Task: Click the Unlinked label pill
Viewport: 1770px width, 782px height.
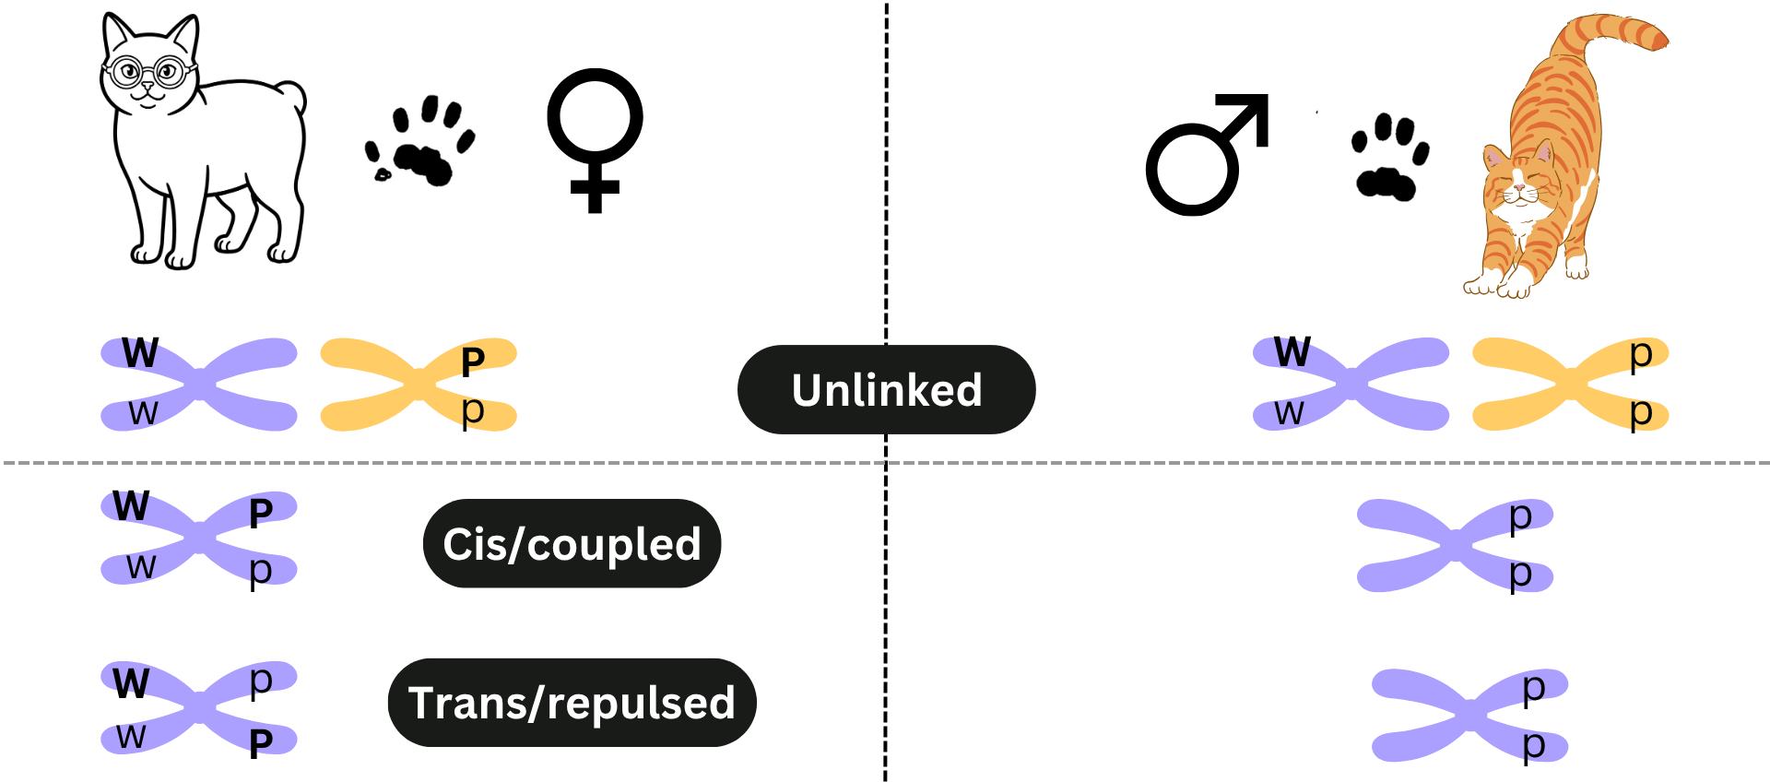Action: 886,389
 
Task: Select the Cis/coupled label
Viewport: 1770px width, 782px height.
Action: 572,543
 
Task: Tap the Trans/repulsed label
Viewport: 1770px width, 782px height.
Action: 572,703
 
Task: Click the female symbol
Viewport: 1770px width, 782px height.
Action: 595,140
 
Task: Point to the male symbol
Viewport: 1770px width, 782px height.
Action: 1208,155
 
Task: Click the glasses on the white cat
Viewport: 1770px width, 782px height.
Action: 149,71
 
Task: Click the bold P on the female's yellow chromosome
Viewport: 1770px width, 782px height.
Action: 473,362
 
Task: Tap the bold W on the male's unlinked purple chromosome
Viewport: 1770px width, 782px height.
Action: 1292,351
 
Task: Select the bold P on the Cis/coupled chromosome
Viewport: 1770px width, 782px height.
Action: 261,513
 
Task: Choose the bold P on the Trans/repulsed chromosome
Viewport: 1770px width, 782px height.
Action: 261,742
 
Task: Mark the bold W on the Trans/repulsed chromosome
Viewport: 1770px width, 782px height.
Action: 131,683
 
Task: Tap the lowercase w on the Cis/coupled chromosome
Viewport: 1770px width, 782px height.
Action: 141,566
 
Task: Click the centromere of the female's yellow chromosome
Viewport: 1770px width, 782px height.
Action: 419,383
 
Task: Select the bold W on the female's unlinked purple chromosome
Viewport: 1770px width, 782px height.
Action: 140,352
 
